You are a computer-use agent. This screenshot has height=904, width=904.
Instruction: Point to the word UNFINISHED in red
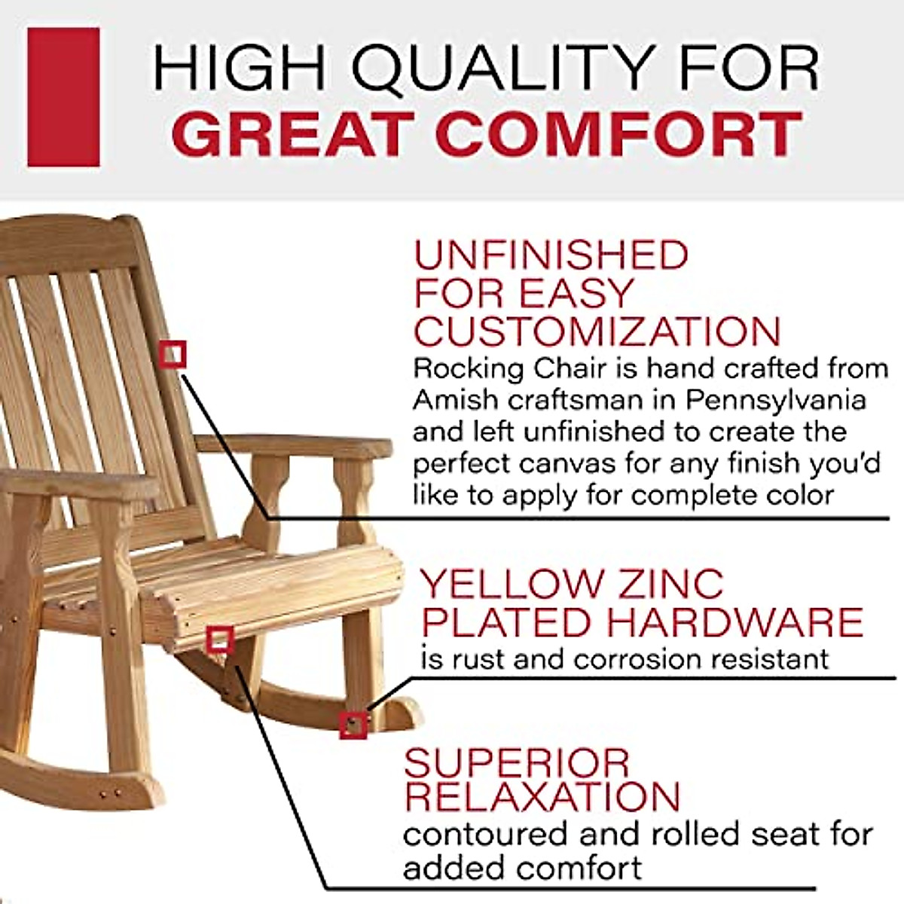click(x=551, y=255)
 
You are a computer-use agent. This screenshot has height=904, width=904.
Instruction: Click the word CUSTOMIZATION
click(x=597, y=332)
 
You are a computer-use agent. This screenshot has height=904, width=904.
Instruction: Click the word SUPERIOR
click(x=516, y=764)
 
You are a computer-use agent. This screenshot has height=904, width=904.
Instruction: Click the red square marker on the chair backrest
click(x=173, y=353)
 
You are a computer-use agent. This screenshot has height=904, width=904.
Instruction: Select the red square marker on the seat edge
click(x=219, y=640)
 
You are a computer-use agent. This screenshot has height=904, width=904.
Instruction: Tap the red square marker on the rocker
click(x=353, y=725)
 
